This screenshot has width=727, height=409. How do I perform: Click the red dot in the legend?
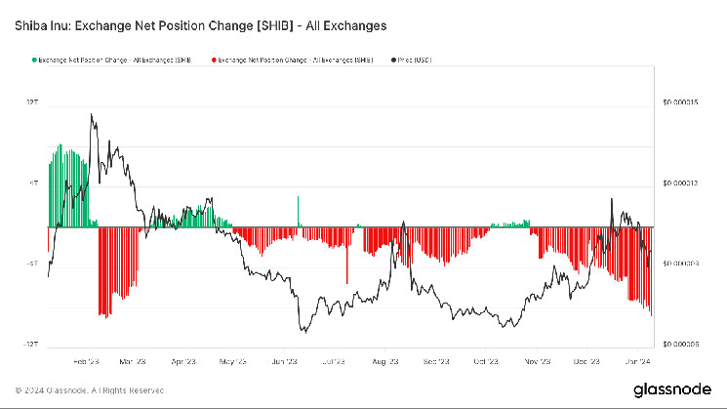coord(213,61)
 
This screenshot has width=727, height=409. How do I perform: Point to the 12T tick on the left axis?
coord(31,102)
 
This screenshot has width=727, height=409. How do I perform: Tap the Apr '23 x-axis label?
coord(183,360)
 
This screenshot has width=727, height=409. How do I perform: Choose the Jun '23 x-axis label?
coord(284,360)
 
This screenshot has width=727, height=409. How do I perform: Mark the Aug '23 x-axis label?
coord(385,360)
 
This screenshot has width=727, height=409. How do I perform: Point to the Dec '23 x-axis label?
coord(586,360)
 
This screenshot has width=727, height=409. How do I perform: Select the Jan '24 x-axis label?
coord(636,360)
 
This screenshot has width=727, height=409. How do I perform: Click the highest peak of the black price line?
coord(92,114)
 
